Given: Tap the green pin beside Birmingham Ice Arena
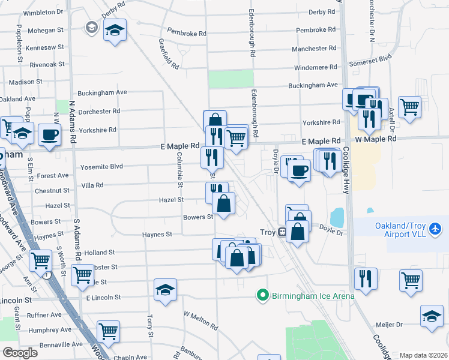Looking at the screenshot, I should click(262, 295).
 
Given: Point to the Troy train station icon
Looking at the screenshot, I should click(281, 232).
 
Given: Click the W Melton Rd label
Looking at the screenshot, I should click(200, 320).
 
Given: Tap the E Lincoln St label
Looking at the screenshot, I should click(104, 297).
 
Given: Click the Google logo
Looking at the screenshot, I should click(20, 352).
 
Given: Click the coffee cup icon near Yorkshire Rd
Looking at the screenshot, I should click(49, 134).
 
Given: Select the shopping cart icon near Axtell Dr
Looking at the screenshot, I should click(409, 107).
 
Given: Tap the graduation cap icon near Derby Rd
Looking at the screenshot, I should click(115, 30).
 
